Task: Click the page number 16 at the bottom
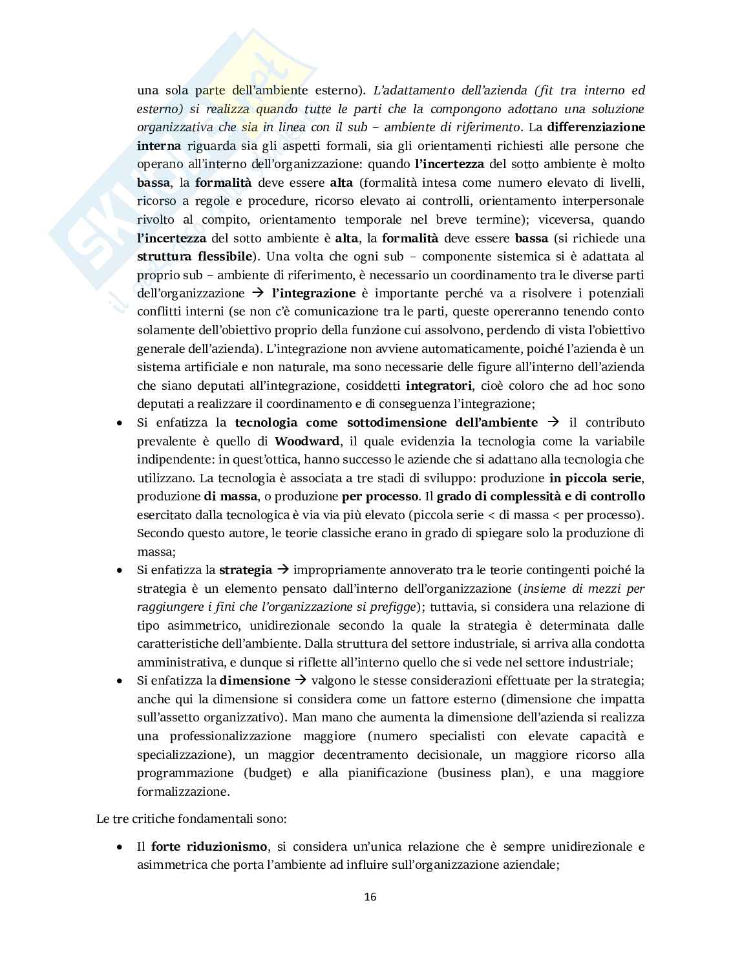(x=370, y=897)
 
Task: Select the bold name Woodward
(x=307, y=442)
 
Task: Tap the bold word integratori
(x=439, y=386)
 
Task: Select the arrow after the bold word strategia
(x=282, y=570)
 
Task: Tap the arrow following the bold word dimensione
(x=301, y=681)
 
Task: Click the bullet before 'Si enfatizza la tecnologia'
(x=120, y=423)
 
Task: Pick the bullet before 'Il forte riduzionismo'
(x=120, y=847)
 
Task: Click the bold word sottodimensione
(x=396, y=423)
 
